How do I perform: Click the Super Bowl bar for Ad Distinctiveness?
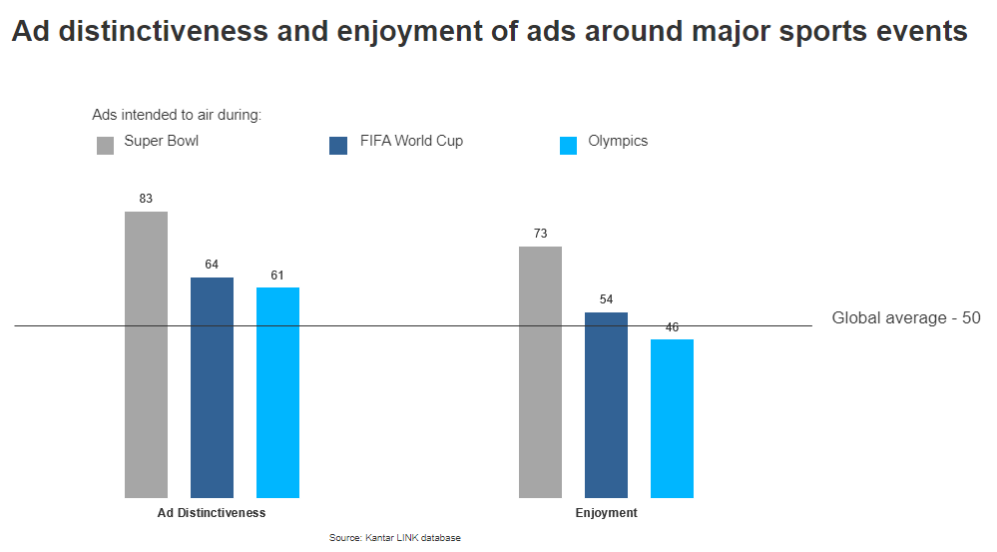coord(146,354)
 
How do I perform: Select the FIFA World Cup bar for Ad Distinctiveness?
coord(212,387)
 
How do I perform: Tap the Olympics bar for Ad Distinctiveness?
coord(277,392)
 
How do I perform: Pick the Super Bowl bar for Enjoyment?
coord(540,371)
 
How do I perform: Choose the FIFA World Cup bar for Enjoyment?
coord(606,404)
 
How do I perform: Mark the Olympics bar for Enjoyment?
coord(672,418)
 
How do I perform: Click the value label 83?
coord(146,199)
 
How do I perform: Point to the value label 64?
coord(212,265)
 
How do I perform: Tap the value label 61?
coord(277,275)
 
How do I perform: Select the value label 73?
coord(540,234)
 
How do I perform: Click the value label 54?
coord(606,299)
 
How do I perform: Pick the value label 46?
coord(672,327)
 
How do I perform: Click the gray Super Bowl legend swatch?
coord(106,146)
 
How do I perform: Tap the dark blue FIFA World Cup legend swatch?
coord(338,146)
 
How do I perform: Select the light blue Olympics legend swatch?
coord(569,146)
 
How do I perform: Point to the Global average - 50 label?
coord(906,318)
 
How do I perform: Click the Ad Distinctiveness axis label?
coord(212,513)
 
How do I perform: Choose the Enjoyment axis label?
coord(606,513)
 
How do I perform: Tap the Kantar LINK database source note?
coord(395,538)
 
